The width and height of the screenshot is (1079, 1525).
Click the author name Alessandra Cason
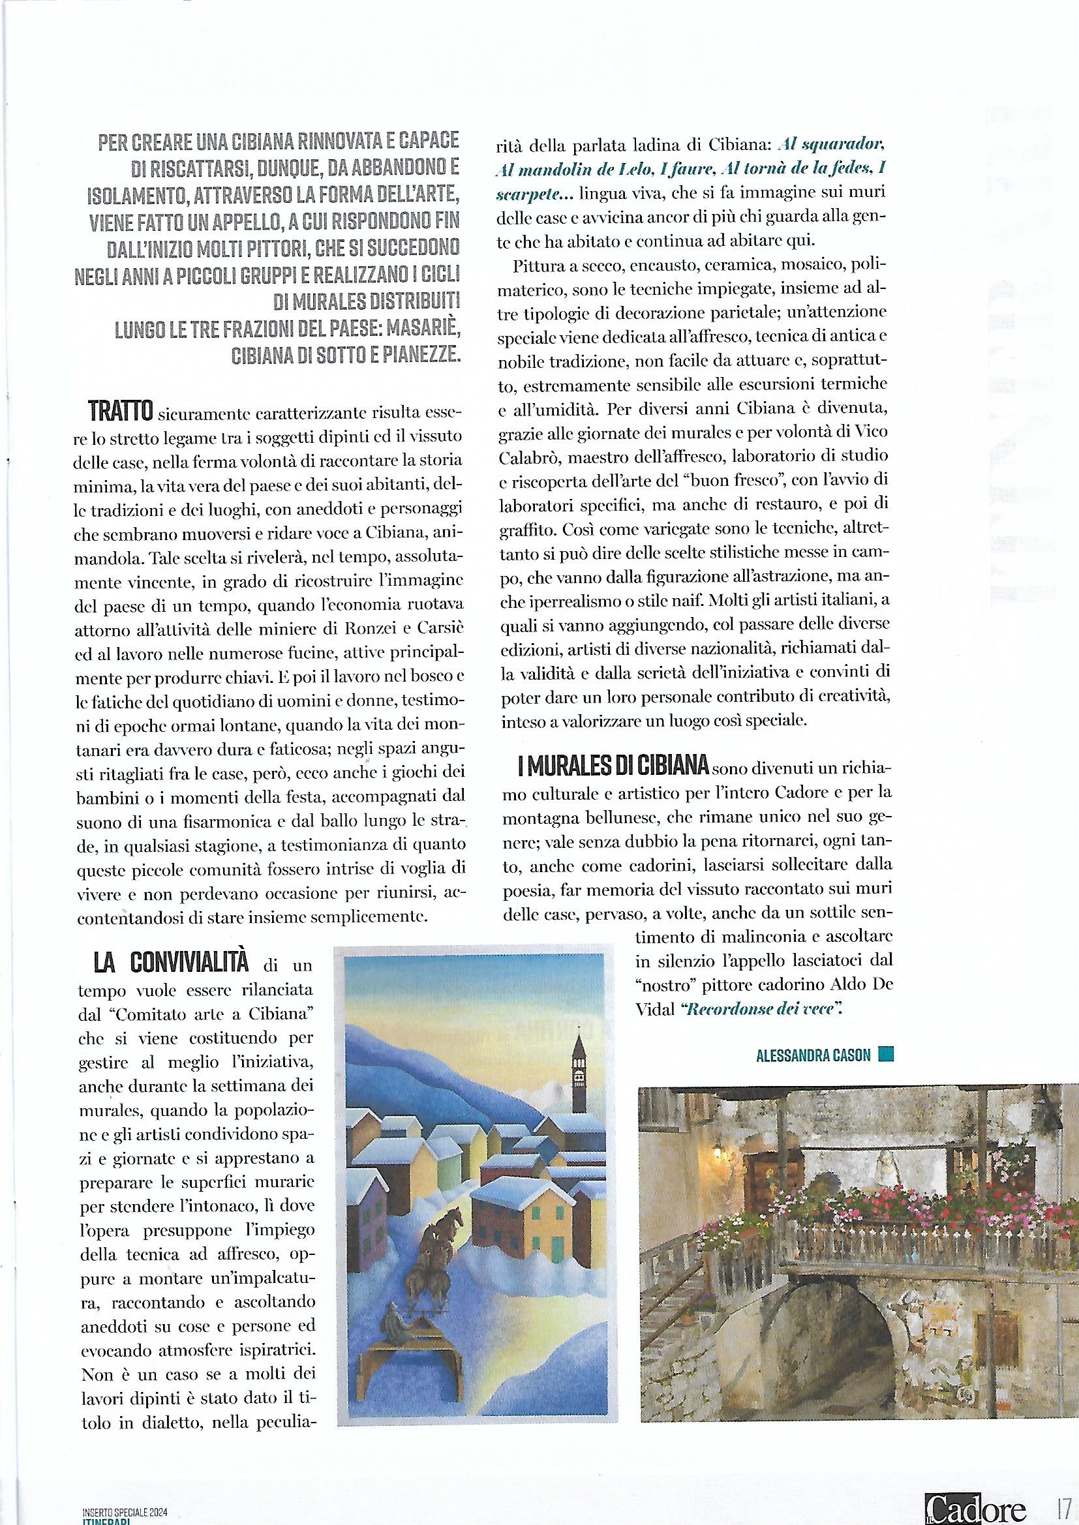click(813, 1055)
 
